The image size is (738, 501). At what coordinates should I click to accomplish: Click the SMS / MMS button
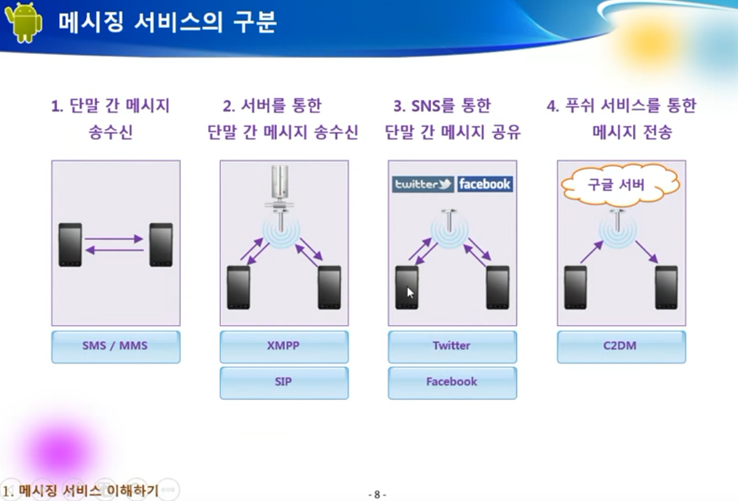(x=115, y=346)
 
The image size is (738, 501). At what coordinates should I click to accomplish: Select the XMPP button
(x=284, y=346)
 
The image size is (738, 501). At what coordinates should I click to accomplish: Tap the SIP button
(x=284, y=382)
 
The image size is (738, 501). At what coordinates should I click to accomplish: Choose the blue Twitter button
(x=452, y=346)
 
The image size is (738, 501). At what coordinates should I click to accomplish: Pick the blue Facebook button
(x=452, y=382)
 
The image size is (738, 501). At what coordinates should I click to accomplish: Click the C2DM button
(x=621, y=346)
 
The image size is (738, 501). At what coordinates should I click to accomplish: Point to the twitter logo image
(x=423, y=184)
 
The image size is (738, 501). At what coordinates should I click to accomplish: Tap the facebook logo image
(x=485, y=184)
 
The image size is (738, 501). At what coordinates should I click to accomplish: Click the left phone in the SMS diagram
(x=70, y=245)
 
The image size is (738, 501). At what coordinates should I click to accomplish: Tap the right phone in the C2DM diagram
(x=666, y=287)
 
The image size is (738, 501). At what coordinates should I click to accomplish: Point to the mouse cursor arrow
(x=410, y=292)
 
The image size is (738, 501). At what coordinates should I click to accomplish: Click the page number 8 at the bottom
(x=377, y=494)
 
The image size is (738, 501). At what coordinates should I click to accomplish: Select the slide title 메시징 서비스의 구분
(x=167, y=23)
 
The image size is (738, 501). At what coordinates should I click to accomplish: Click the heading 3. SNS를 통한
(x=442, y=106)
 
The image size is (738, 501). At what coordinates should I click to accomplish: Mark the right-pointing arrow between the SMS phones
(x=114, y=238)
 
